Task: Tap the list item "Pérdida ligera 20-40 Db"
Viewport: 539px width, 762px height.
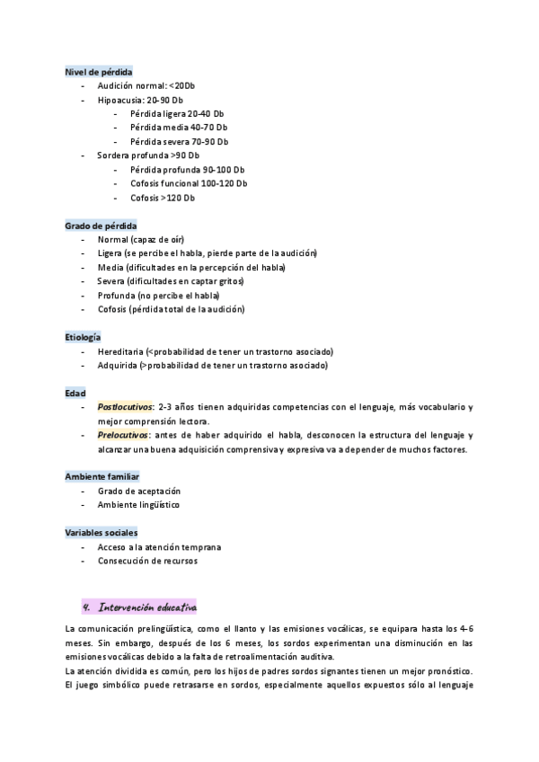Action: pyautogui.click(x=176, y=113)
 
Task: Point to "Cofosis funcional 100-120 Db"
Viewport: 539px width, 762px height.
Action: pyautogui.click(x=188, y=183)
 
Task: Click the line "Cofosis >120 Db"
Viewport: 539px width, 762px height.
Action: pyautogui.click(x=162, y=198)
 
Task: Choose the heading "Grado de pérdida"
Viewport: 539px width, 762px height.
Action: pyautogui.click(x=101, y=226)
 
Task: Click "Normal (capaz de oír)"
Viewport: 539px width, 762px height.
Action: pyautogui.click(x=138, y=240)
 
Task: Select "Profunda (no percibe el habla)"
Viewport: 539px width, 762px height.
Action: pyautogui.click(x=158, y=296)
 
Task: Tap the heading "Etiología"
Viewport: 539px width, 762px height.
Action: pyautogui.click(x=83, y=337)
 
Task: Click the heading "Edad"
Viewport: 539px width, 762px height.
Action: pyautogui.click(x=75, y=393)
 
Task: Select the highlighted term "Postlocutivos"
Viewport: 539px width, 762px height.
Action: pyautogui.click(x=125, y=407)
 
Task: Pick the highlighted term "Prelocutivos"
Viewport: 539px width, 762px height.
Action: pyautogui.click(x=122, y=435)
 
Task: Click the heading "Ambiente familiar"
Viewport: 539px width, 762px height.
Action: pyautogui.click(x=102, y=476)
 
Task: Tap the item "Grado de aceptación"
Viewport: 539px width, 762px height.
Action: pyautogui.click(x=139, y=491)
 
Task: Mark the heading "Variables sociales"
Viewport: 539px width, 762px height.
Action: pyautogui.click(x=102, y=533)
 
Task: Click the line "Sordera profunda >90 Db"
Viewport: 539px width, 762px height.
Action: pyautogui.click(x=148, y=155)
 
